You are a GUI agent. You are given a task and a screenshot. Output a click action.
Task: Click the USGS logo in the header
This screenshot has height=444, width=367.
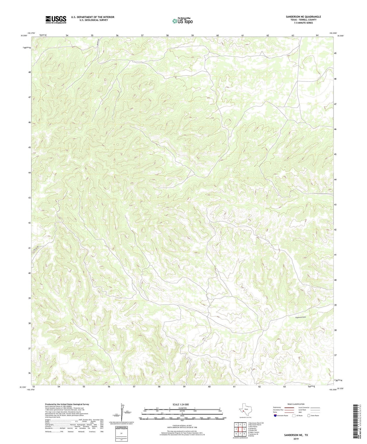tap(56, 19)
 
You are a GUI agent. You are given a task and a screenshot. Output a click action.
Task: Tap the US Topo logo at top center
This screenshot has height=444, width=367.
tap(182, 21)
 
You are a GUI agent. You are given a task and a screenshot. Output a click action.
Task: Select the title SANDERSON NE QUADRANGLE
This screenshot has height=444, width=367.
tap(303, 17)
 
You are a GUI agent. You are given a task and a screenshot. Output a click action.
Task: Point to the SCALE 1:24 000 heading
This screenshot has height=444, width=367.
tap(181, 404)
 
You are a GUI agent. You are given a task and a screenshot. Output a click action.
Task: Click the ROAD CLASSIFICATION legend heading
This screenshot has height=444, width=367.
tap(296, 404)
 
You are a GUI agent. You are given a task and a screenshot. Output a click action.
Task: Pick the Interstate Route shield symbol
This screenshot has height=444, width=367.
tap(275, 416)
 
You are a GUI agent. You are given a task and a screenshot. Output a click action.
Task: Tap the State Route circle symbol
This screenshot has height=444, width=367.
tap(309, 416)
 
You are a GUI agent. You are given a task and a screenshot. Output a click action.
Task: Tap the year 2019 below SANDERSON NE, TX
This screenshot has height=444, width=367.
tap(296, 439)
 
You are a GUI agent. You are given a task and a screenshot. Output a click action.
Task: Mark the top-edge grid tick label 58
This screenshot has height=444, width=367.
tap(167, 35)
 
